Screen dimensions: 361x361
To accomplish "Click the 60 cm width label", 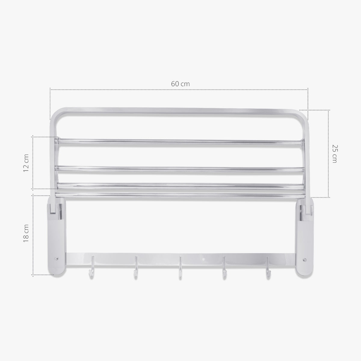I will pyautogui.click(x=180, y=84).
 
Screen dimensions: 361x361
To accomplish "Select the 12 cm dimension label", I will pyautogui.click(x=26, y=163).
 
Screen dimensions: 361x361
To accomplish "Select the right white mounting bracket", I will pyautogui.click(x=305, y=235).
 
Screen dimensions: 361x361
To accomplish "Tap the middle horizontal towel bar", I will pyautogui.click(x=180, y=169).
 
